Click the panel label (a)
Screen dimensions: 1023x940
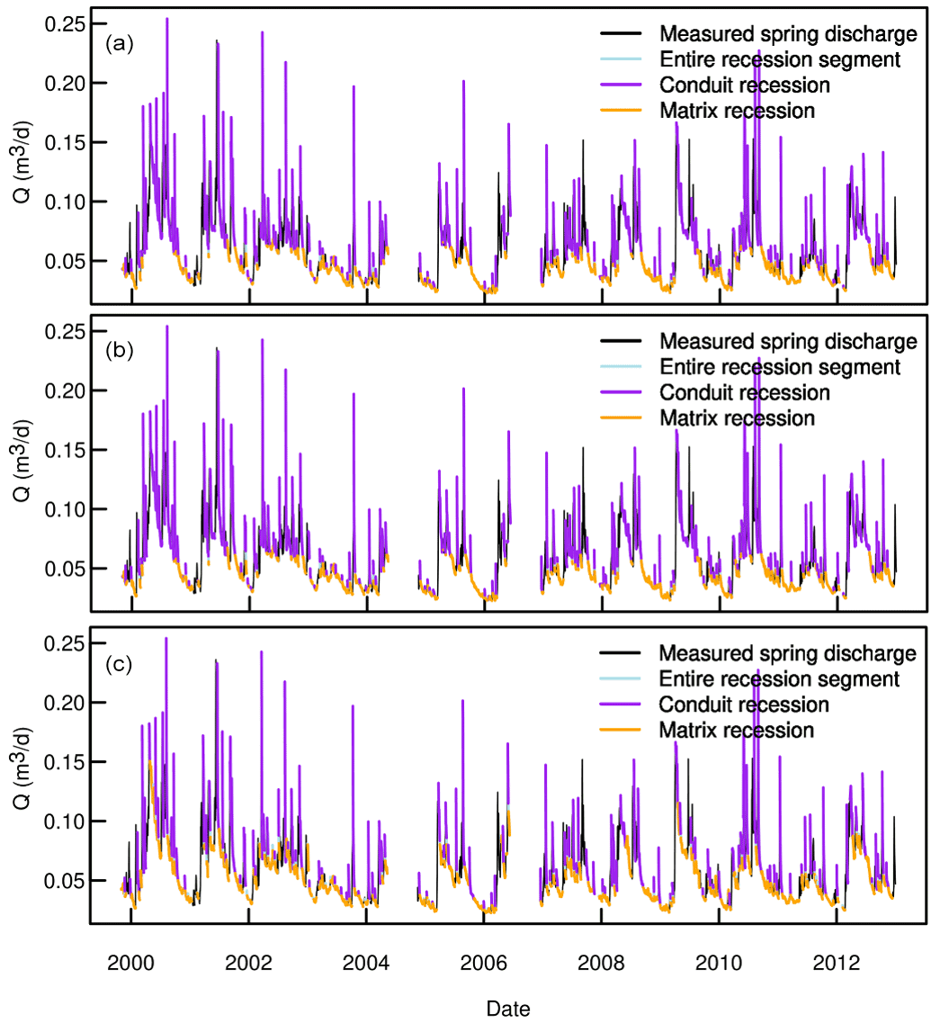[119, 43]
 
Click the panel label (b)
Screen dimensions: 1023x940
[119, 351]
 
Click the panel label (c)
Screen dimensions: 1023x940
[119, 665]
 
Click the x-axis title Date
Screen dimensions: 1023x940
[508, 1009]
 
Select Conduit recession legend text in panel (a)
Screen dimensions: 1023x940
[744, 85]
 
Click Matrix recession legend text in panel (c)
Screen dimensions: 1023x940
[737, 729]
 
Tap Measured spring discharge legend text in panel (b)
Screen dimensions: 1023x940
[788, 342]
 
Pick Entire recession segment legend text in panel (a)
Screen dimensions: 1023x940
[780, 60]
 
